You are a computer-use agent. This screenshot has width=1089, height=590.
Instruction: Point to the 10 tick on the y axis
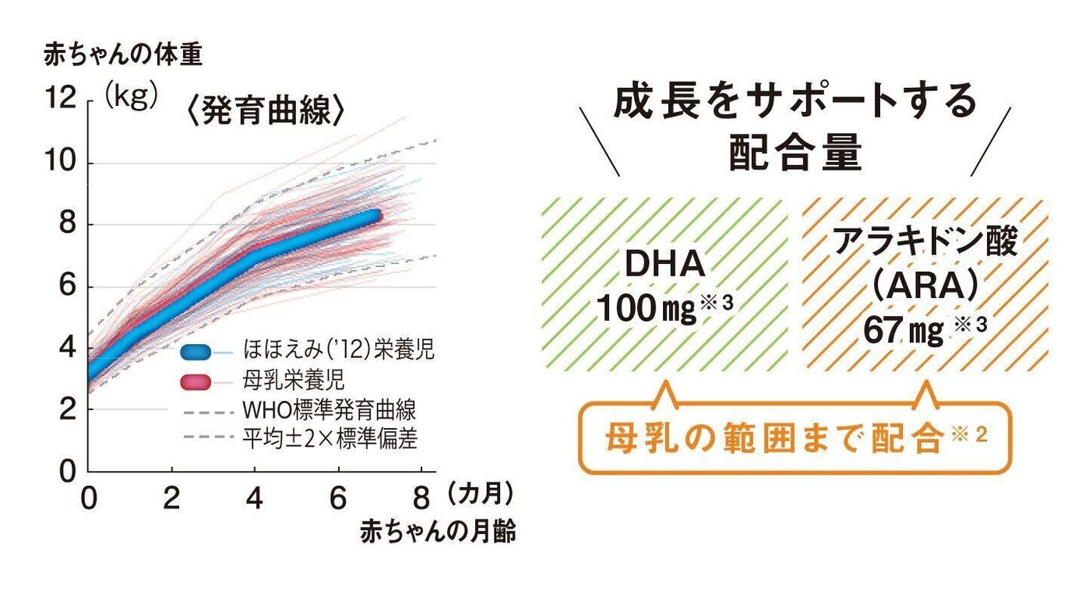click(62, 163)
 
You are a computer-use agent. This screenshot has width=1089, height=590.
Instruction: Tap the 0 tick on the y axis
click(68, 471)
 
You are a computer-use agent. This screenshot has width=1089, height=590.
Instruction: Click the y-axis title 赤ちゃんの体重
click(123, 55)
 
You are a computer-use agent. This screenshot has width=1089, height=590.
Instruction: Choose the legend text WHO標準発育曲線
click(329, 410)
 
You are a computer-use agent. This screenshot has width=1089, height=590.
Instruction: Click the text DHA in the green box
click(664, 265)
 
